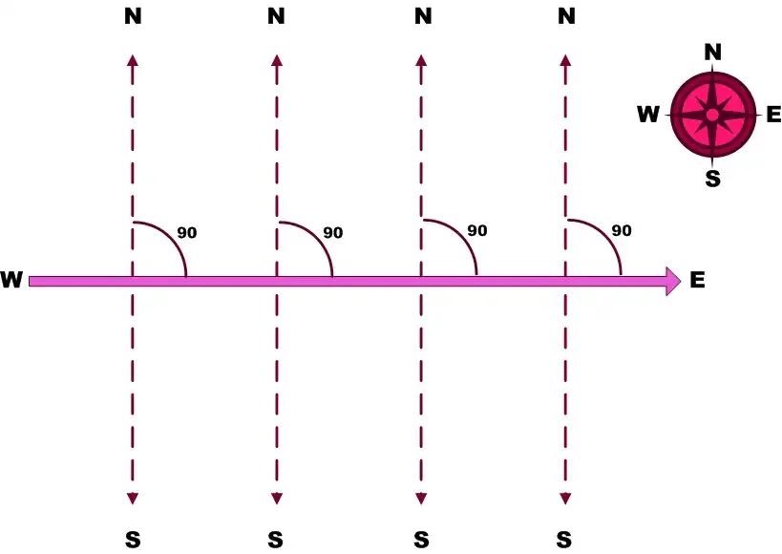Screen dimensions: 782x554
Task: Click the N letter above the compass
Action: click(712, 52)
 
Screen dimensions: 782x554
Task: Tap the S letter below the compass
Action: click(712, 179)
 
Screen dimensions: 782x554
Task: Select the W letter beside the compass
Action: click(648, 115)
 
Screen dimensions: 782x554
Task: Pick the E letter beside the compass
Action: click(773, 115)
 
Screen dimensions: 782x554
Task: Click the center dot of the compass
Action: click(712, 116)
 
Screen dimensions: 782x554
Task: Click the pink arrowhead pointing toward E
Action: click(673, 281)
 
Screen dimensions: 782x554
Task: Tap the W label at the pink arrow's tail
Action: click(11, 280)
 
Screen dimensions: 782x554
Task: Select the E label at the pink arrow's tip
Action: click(697, 280)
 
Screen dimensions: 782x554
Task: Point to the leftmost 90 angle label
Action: click(187, 232)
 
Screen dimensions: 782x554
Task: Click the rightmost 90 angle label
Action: click(622, 230)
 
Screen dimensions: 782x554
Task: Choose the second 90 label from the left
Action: click(332, 232)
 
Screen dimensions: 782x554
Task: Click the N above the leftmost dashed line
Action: click(133, 17)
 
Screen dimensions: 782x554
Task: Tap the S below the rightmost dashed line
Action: click(564, 540)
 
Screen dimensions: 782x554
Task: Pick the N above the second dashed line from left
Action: click(276, 17)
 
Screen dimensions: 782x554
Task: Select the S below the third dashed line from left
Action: click(421, 540)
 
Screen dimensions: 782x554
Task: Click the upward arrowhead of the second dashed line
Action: click(277, 60)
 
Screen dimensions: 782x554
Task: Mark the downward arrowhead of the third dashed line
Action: click(421, 499)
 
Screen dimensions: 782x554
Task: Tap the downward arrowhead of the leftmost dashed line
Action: click(132, 499)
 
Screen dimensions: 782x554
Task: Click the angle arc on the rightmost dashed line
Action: click(606, 235)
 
